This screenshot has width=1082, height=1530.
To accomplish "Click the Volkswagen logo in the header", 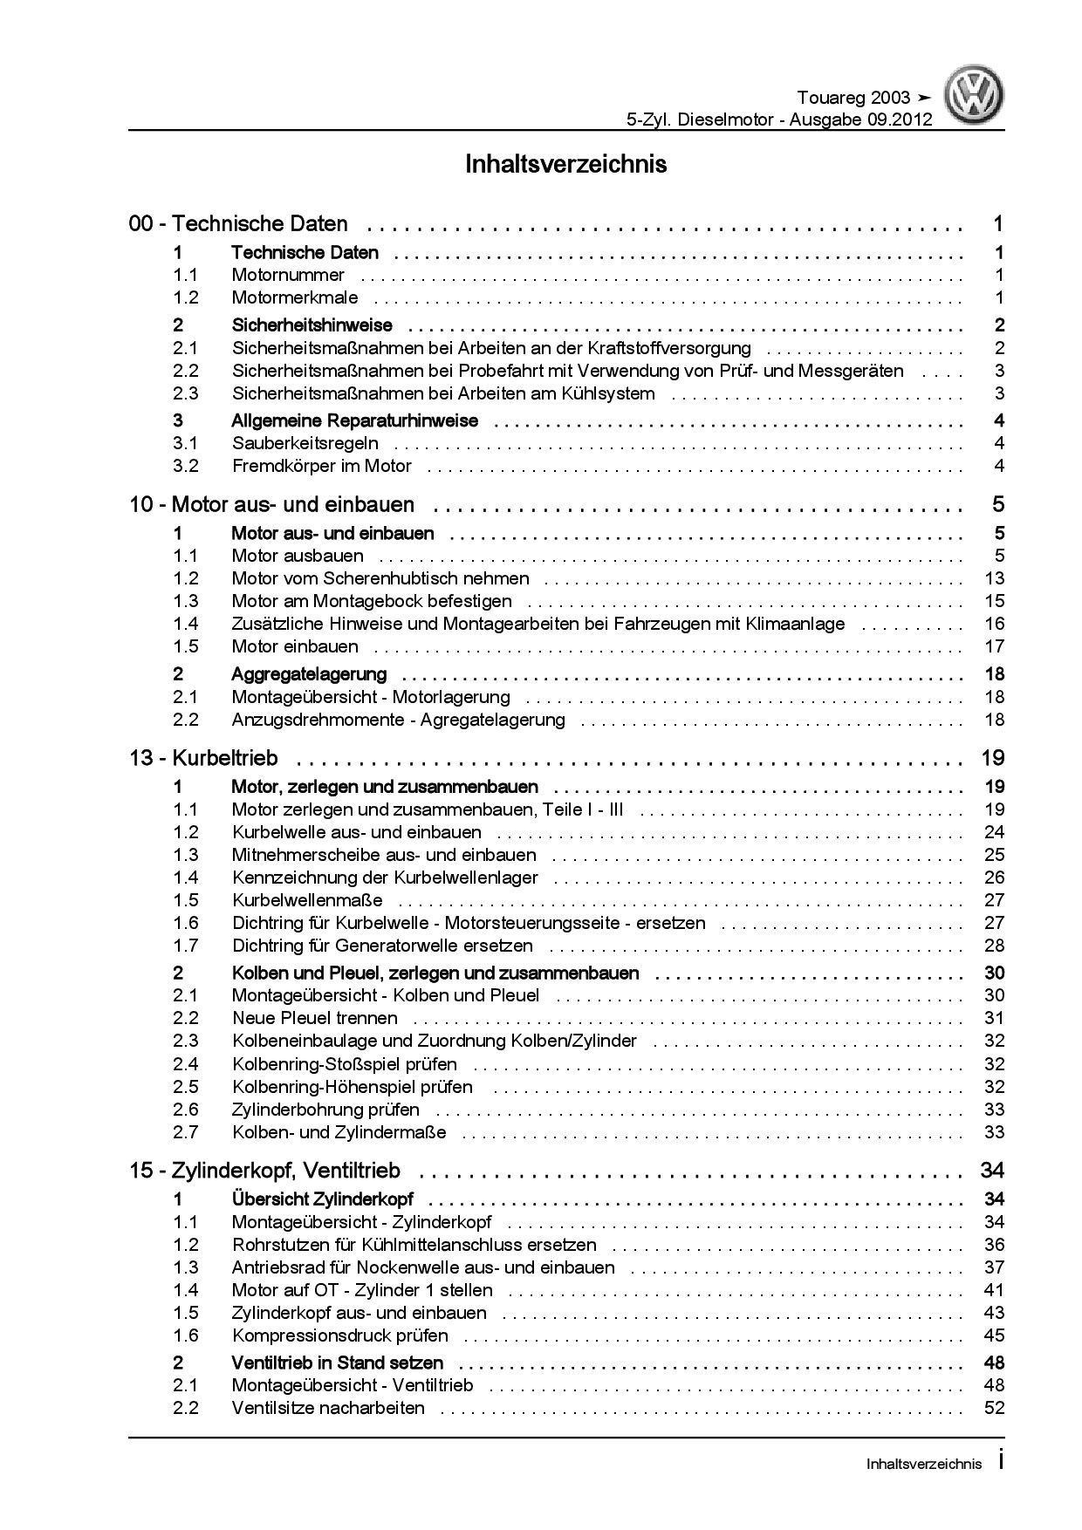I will click(977, 97).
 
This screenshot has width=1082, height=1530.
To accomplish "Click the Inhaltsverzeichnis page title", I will click(566, 164).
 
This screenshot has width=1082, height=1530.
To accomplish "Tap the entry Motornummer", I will click(288, 276).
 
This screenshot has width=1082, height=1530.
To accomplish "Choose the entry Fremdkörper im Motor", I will click(321, 466).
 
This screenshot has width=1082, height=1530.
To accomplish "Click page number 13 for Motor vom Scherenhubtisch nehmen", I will click(994, 578).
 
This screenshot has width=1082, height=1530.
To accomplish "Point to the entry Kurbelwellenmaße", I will click(307, 900).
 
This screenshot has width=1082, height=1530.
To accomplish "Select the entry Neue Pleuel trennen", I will click(314, 1018).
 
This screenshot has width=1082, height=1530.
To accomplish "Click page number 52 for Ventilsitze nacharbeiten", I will click(994, 1408).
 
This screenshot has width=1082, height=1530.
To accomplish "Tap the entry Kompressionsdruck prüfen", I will click(339, 1335).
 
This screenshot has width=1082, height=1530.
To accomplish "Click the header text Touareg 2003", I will click(853, 98).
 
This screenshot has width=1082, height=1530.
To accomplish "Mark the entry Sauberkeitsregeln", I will click(305, 443).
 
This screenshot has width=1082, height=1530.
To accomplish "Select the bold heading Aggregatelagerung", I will click(309, 674).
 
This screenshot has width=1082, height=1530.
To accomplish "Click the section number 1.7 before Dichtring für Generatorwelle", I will click(185, 946).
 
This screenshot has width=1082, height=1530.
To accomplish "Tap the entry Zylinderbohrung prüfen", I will click(325, 1110).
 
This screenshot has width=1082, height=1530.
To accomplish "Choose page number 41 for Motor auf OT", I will click(994, 1290).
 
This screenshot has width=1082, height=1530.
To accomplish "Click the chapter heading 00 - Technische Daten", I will click(238, 224).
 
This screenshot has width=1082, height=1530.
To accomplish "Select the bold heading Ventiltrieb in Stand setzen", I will click(337, 1363).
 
